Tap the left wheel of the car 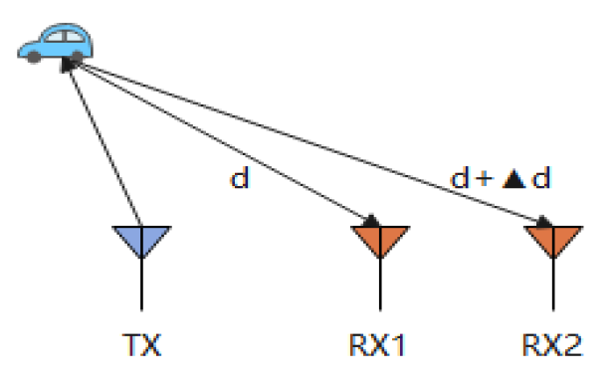click(x=34, y=58)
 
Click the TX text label click(x=140, y=345)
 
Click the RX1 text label click(x=376, y=345)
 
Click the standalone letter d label click(x=239, y=179)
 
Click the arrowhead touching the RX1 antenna click(x=369, y=221)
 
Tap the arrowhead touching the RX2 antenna click(x=542, y=222)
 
